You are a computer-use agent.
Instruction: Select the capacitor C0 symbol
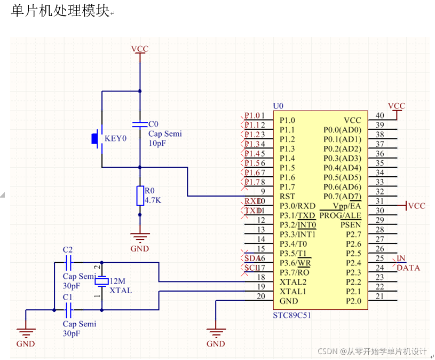point(140,124)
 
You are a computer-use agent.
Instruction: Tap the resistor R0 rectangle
point(140,196)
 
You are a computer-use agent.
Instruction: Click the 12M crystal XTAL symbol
point(102,281)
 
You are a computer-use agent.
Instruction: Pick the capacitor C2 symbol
point(68,263)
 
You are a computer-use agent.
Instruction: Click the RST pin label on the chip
point(287,197)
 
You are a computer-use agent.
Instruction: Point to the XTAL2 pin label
point(293,281)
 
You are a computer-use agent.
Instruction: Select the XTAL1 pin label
point(293,291)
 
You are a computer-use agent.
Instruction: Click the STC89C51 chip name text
point(292,315)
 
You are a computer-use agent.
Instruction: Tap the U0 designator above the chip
point(278,106)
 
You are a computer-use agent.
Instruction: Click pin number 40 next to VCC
point(379,115)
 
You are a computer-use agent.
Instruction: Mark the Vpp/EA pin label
point(347,206)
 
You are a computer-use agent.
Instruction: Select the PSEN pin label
point(351,225)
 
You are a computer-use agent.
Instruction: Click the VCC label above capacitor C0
point(140,49)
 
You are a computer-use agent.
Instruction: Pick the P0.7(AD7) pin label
point(342,197)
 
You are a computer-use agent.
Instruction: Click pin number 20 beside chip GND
point(260,296)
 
